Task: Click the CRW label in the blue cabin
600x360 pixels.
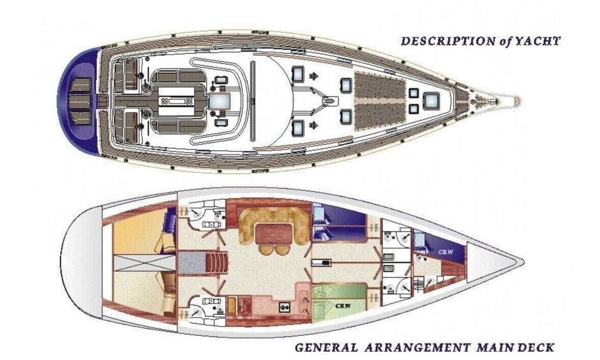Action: (445, 252)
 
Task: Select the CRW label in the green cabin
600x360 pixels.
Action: (343, 305)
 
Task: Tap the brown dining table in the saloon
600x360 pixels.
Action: (274, 234)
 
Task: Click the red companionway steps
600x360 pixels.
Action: (217, 263)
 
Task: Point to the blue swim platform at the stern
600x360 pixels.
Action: (78, 101)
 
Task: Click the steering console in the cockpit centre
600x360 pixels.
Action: (176, 101)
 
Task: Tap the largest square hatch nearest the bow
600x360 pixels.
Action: (431, 101)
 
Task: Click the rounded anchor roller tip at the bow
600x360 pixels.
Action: (517, 101)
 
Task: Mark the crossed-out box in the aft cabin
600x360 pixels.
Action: (145, 263)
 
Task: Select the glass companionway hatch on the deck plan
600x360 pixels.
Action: (219, 101)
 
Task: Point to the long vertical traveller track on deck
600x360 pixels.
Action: (252, 101)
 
